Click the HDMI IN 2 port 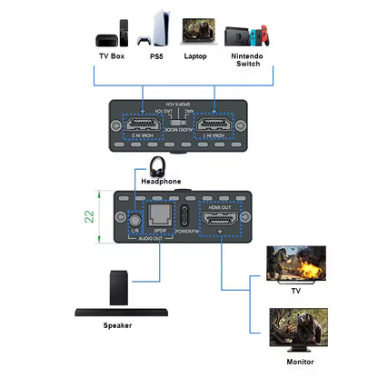click(142, 125)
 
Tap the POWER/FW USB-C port click(187, 217)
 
